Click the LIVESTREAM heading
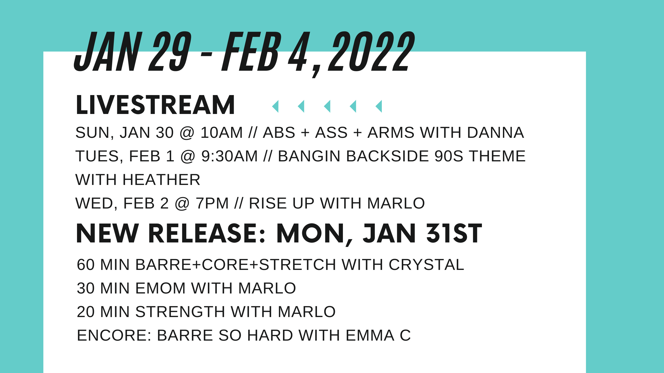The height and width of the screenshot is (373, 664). (x=155, y=105)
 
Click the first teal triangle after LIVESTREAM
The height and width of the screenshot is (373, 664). (x=275, y=106)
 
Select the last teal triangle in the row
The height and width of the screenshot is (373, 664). (x=379, y=106)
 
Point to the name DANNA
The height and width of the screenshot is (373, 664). (x=495, y=133)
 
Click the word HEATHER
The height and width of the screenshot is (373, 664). (x=161, y=180)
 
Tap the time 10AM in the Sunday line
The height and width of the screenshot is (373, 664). (x=222, y=133)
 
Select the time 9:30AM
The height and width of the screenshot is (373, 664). (x=230, y=156)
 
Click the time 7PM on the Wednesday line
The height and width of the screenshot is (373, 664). (x=212, y=203)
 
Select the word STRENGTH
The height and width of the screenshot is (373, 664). (x=180, y=312)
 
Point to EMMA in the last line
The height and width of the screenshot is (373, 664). (x=370, y=335)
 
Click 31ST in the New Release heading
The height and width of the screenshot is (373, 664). (x=454, y=234)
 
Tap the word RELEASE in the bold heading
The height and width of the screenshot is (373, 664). (x=207, y=234)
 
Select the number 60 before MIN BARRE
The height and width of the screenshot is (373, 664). (x=86, y=265)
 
